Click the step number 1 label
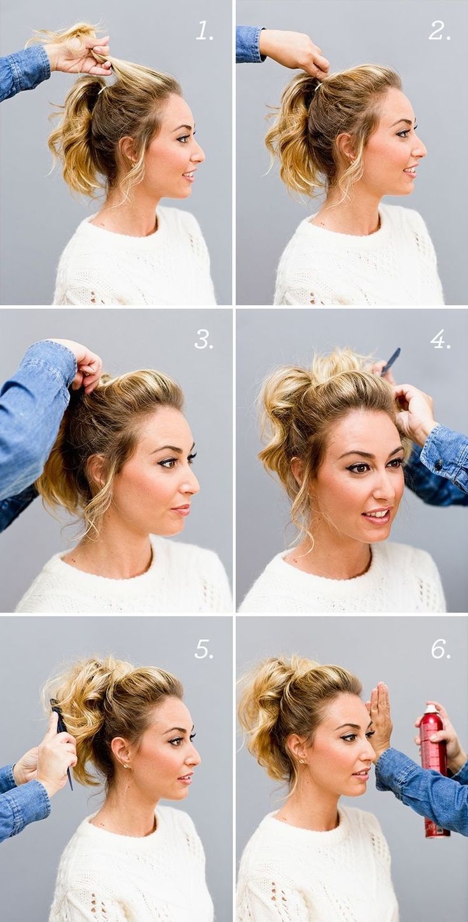point(205,31)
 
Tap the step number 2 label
point(439,31)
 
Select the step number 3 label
point(203,339)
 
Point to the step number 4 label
point(440,339)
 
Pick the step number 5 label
point(203,649)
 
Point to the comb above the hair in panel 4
point(390,361)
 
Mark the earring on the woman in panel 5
point(125,766)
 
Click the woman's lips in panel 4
point(377,515)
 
